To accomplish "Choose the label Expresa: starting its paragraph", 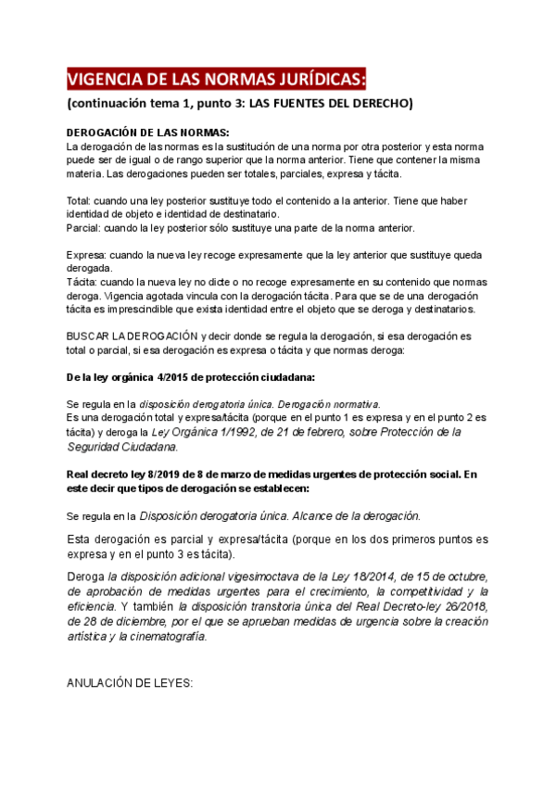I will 86,254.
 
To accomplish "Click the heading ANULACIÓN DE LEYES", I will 129,683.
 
